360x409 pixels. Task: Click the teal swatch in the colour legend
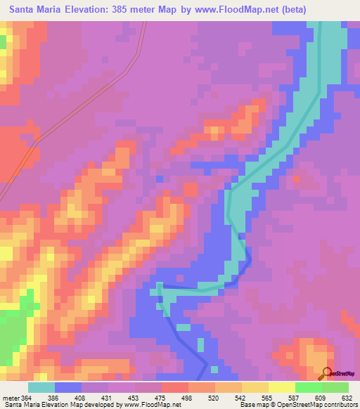41,387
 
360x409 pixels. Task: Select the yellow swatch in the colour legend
281,387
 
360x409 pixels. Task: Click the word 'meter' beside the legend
11,397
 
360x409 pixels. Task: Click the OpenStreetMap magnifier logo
326,374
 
